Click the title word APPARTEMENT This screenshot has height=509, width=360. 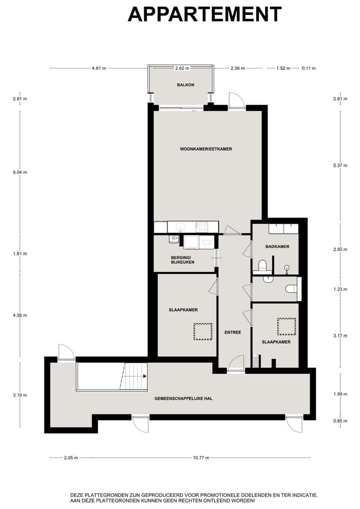click(204, 14)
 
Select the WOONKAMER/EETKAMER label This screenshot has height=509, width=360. click(206, 149)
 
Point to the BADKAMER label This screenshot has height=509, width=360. click(277, 247)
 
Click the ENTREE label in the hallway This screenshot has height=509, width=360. click(233, 332)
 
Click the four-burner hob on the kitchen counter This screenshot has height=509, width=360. click(202, 227)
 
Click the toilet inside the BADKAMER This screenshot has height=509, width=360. click(262, 265)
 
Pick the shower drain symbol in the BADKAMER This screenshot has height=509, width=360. click(287, 267)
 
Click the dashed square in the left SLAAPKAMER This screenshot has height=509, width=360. click(203, 332)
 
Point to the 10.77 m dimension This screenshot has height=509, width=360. click(201, 458)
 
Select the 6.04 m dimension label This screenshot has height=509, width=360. click(20, 172)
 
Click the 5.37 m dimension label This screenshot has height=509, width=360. click(340, 165)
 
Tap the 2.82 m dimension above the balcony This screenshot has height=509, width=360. click(182, 68)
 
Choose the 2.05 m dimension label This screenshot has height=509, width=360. click(70, 458)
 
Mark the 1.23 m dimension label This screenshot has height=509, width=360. click(340, 289)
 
